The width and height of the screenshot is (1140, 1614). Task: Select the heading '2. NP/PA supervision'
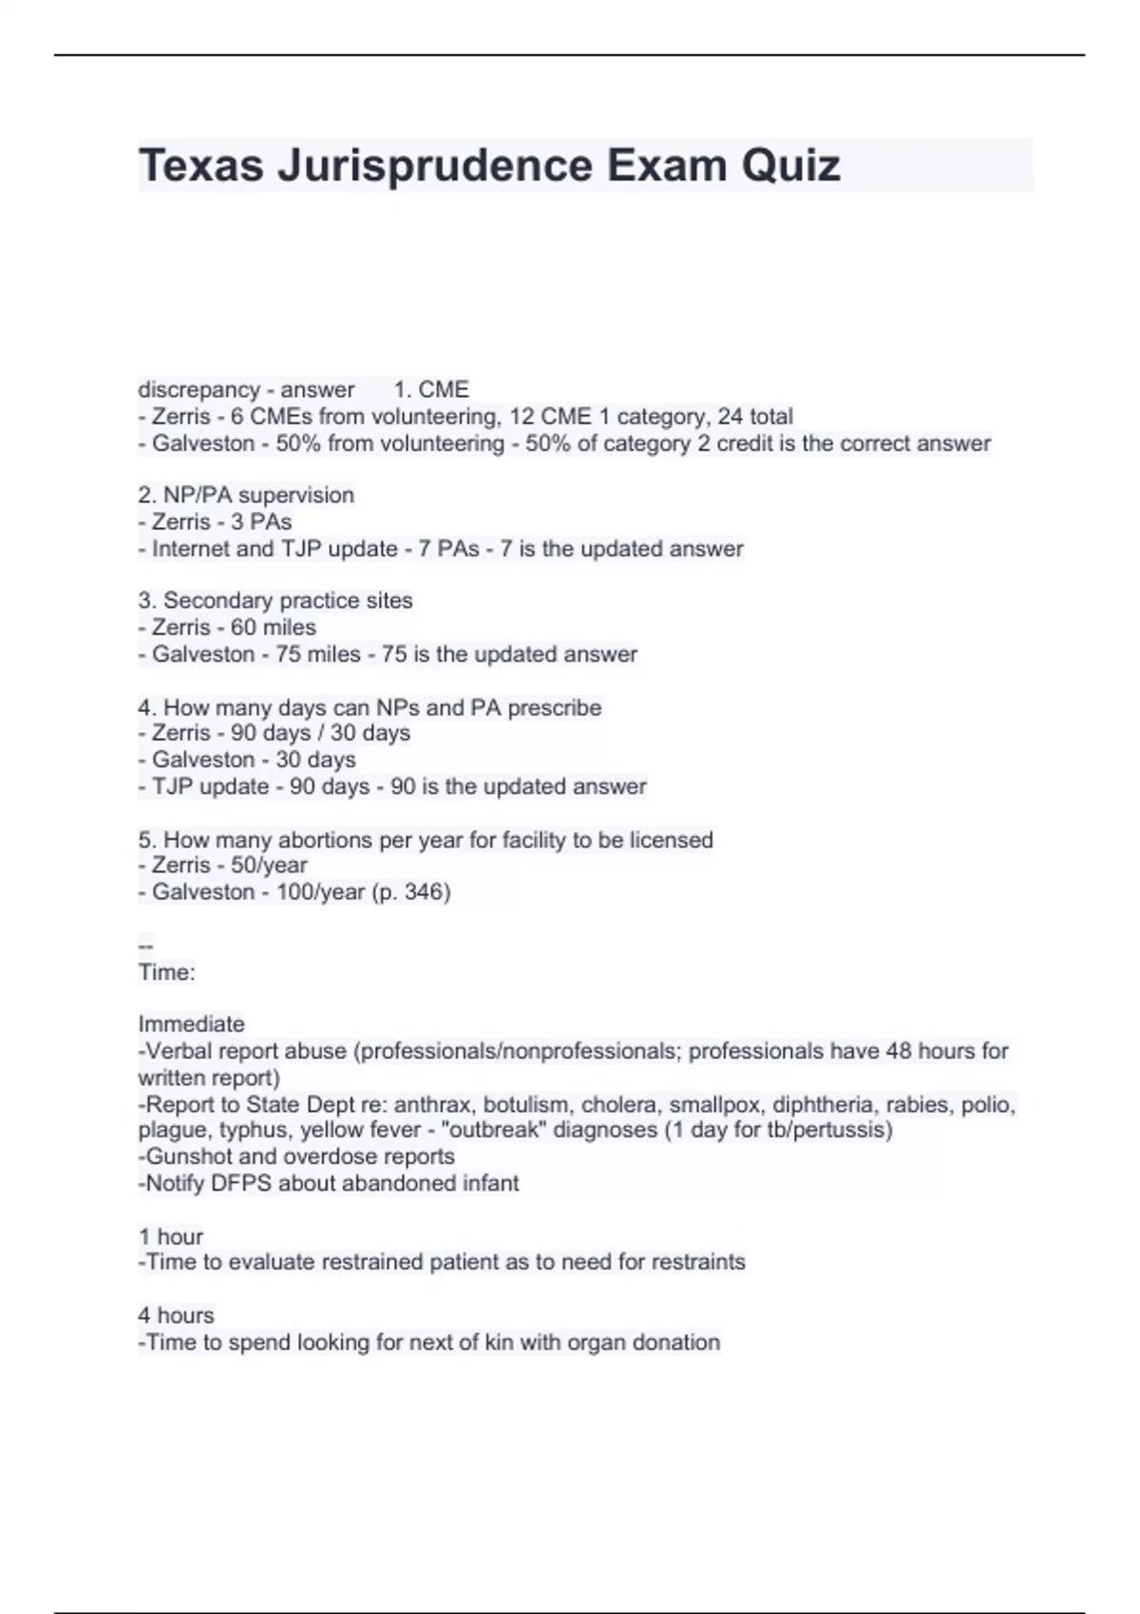coord(246,495)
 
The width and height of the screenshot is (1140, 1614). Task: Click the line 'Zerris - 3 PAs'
coord(216,521)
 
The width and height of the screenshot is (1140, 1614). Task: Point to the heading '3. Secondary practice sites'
coord(275,600)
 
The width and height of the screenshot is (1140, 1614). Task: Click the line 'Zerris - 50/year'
coord(223,865)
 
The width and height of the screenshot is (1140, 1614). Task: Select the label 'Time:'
coord(167,972)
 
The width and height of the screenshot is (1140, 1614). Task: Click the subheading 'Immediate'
coord(191,1023)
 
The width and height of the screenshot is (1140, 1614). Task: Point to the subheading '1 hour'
coord(171,1236)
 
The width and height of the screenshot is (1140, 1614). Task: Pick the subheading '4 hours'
coord(176,1315)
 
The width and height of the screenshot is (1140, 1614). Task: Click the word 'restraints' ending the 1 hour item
coord(697,1262)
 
